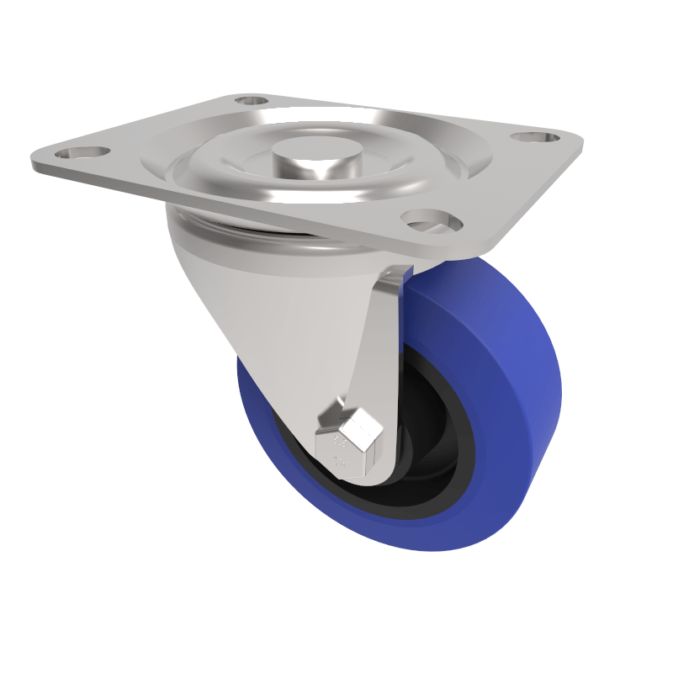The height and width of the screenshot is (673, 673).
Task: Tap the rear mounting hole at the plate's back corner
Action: point(250,100)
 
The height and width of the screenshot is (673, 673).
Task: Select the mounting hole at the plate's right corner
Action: point(536,136)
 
